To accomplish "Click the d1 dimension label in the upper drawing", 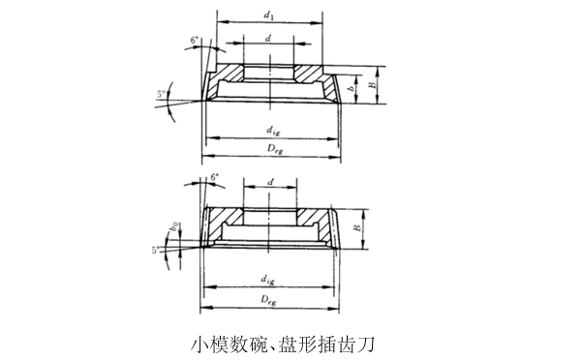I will click(269, 15).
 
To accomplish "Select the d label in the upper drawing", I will click(268, 40).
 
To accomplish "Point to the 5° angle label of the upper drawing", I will click(162, 95).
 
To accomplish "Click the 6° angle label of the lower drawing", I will click(213, 179).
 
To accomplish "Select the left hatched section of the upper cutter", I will click(229, 74).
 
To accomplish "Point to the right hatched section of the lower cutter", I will click(313, 216).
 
